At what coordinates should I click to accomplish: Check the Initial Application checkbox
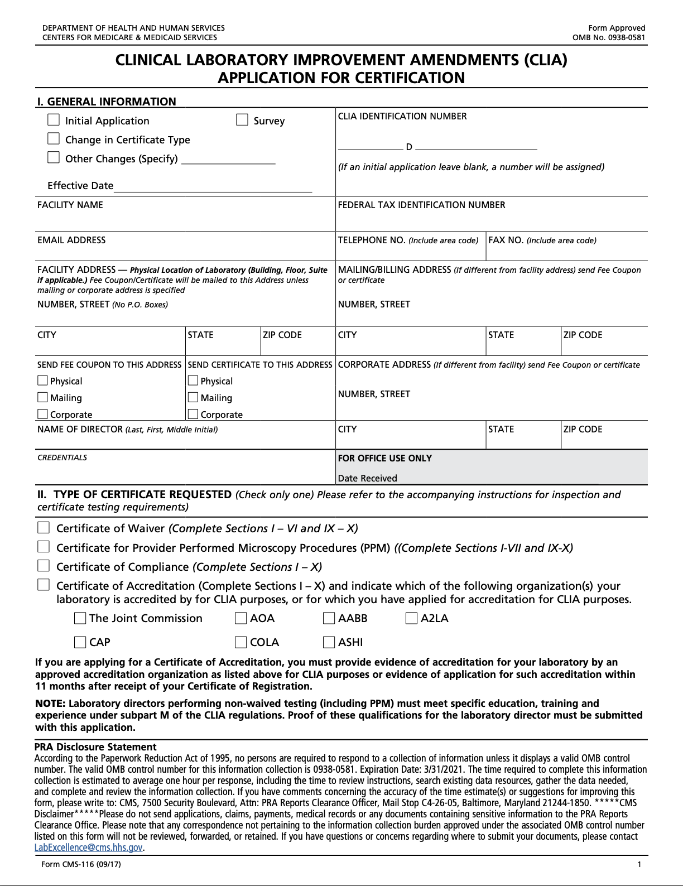(54, 120)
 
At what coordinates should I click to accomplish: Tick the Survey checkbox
(242, 120)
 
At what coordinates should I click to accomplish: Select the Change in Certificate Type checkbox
(54, 138)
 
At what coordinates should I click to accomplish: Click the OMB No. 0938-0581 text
(608, 38)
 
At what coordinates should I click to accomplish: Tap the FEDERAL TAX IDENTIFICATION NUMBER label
(421, 205)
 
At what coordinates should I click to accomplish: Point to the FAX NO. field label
(506, 240)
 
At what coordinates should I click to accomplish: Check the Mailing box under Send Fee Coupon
(43, 398)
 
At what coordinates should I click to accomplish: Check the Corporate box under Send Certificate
(193, 415)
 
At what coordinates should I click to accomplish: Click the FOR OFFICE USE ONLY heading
(384, 459)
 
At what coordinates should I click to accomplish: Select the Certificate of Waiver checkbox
(44, 528)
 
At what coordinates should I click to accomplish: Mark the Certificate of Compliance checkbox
(44, 566)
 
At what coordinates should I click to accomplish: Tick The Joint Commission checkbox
(80, 618)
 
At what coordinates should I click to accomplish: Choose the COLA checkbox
(241, 642)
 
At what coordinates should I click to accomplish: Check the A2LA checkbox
(411, 618)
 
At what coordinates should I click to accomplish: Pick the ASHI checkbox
(329, 642)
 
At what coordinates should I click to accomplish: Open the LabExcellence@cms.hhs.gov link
(88, 848)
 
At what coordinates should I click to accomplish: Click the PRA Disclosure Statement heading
(95, 747)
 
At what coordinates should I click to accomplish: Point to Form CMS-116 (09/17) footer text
(81, 865)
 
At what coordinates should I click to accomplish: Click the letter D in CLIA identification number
(409, 147)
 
